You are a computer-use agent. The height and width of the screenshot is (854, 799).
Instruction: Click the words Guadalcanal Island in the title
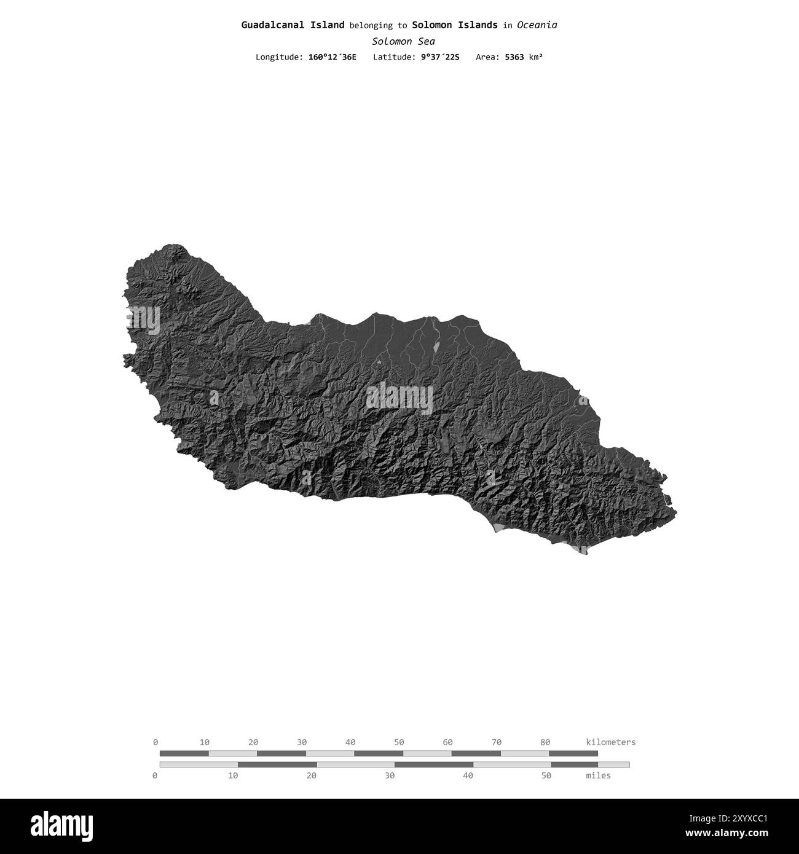tap(293, 25)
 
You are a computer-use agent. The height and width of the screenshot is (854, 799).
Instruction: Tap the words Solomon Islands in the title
tap(455, 25)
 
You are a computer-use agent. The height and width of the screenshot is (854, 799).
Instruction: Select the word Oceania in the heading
tap(537, 25)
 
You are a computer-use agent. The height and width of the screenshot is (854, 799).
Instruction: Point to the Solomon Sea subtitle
tap(403, 42)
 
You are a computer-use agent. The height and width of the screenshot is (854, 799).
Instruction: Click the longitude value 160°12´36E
tap(332, 57)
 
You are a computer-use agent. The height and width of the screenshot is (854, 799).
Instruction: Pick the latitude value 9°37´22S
tap(440, 57)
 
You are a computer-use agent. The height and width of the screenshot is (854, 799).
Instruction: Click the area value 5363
tap(514, 57)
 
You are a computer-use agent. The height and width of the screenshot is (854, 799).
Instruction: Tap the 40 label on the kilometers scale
tap(350, 742)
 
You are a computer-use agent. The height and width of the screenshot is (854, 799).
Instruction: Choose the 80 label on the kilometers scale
tap(545, 742)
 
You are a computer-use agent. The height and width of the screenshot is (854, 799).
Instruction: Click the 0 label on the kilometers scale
tap(155, 742)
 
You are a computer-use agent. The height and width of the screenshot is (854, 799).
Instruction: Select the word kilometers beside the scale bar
tap(611, 742)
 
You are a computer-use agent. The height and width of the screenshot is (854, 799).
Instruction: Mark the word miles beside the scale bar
tap(598, 775)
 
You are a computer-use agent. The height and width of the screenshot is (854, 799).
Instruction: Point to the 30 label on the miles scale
tap(390, 775)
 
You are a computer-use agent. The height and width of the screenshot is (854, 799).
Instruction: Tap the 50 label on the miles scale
tap(546, 775)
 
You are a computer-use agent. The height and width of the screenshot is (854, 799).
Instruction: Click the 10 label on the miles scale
tap(233, 775)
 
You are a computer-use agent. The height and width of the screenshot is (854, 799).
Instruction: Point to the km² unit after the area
tap(536, 57)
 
